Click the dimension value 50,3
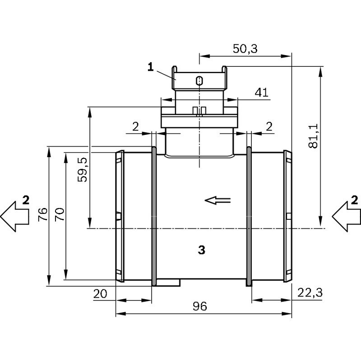tap(245, 49)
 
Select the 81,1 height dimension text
tap(313, 136)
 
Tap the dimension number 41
tap(262, 93)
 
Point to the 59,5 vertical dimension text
tap(83, 170)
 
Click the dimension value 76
tap(43, 214)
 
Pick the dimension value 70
tap(60, 214)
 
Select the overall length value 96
tap(200, 306)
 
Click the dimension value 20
tap(100, 294)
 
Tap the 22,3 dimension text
tap(310, 293)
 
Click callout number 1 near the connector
tap(151, 67)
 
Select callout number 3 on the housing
tap(201, 250)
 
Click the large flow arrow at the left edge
tap(14, 217)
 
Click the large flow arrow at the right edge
tap(346, 217)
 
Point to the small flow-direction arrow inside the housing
tap(218, 200)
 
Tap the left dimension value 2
tap(135, 127)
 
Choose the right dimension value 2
tap(269, 127)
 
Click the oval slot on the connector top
tap(199, 81)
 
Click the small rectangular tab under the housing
tap(168, 283)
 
